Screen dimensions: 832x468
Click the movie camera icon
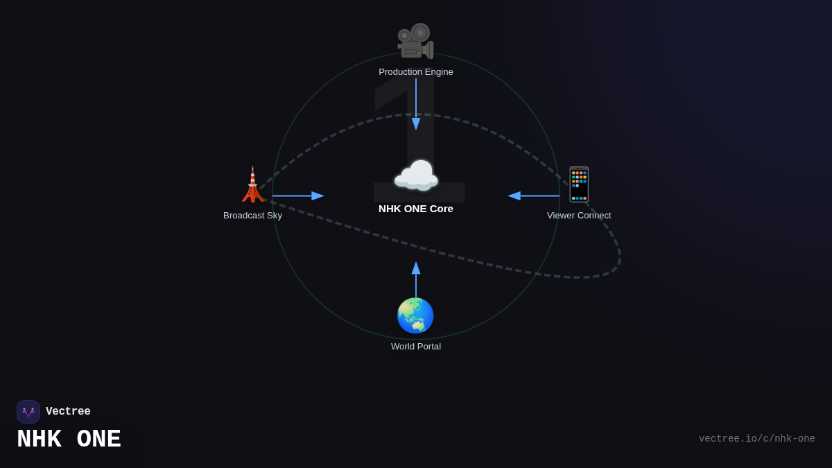pos(415,41)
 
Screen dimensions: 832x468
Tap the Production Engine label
pos(415,71)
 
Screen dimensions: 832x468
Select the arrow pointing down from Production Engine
pos(416,104)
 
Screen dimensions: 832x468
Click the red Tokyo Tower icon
pos(252,184)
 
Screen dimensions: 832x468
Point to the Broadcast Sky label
pos(252,216)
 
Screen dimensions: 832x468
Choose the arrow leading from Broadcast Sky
pos(298,196)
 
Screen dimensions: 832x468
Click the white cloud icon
pos(416,175)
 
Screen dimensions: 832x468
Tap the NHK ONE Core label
pos(415,209)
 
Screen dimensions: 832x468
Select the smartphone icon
pos(579,184)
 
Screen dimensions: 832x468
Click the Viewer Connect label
pos(579,216)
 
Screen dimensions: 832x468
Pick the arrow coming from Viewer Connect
pos(533,196)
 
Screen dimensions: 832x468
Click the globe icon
pos(415,315)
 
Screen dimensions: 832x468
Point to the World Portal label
pos(415,347)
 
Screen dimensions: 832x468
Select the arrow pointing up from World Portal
pos(416,279)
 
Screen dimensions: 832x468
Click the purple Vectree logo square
pos(28,412)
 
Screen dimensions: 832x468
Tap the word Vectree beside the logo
pos(68,411)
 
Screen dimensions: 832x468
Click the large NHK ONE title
pos(69,439)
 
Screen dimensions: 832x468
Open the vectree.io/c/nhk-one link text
pos(756,439)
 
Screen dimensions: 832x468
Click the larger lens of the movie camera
pos(420,33)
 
